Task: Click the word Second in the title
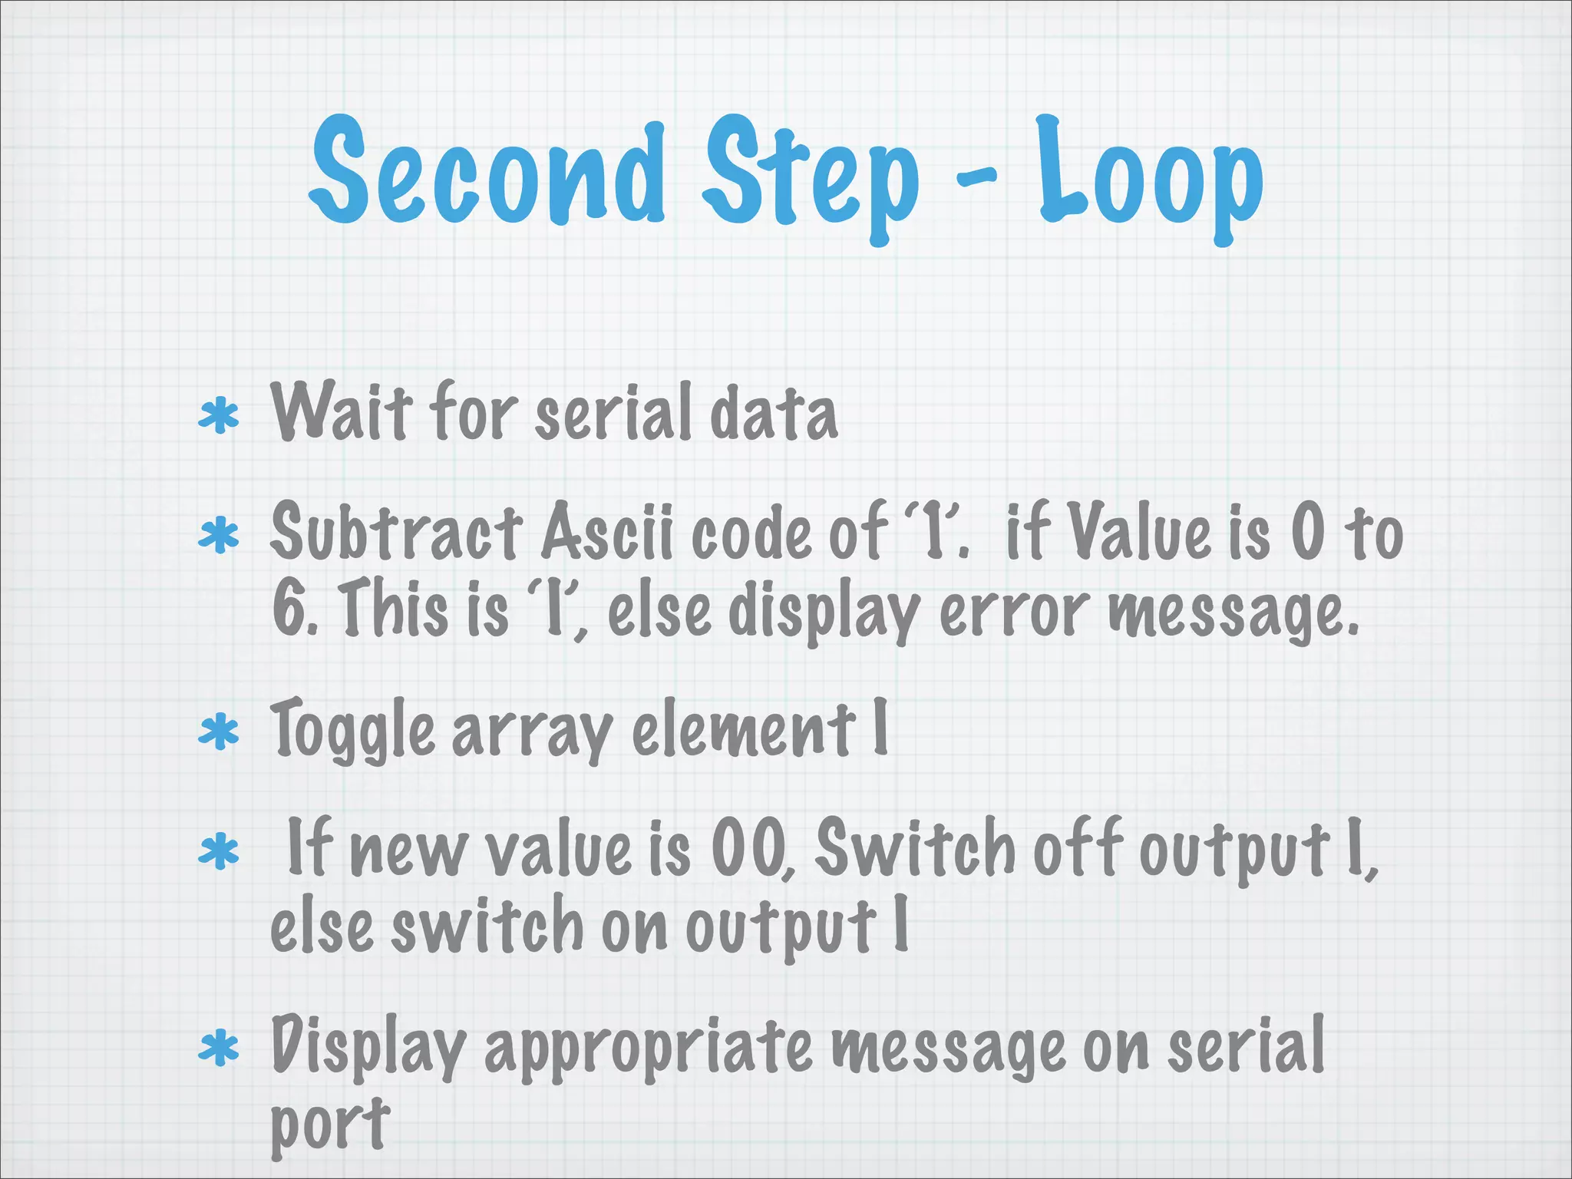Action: [x=487, y=173]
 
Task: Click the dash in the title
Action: [x=976, y=178]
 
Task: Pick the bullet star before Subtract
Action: [x=219, y=536]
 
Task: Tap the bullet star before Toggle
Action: [x=219, y=732]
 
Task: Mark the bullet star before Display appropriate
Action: [x=219, y=1048]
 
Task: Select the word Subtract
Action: [x=396, y=531]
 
